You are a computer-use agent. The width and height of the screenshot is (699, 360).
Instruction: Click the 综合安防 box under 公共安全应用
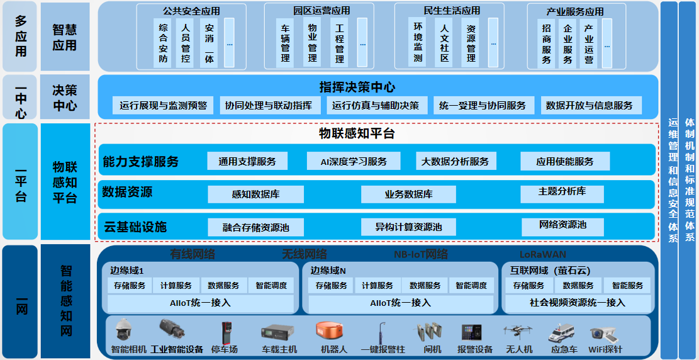(164, 43)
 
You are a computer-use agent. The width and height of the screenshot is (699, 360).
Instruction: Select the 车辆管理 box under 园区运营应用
(285, 43)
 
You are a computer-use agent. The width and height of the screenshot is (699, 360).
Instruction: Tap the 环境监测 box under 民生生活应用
(418, 43)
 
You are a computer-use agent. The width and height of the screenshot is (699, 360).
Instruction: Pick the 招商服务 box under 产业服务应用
(546, 43)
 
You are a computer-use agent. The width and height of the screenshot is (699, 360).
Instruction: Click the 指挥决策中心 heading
(357, 87)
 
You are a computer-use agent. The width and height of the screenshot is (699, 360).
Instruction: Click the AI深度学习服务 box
(354, 161)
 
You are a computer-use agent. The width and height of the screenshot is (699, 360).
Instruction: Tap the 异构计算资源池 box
(408, 227)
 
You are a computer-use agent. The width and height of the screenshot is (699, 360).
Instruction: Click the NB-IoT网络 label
(420, 254)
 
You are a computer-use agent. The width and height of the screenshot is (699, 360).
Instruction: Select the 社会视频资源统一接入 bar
(577, 303)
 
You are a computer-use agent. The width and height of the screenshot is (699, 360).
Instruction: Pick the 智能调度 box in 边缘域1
(271, 286)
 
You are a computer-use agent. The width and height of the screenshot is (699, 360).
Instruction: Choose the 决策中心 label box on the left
(65, 98)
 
